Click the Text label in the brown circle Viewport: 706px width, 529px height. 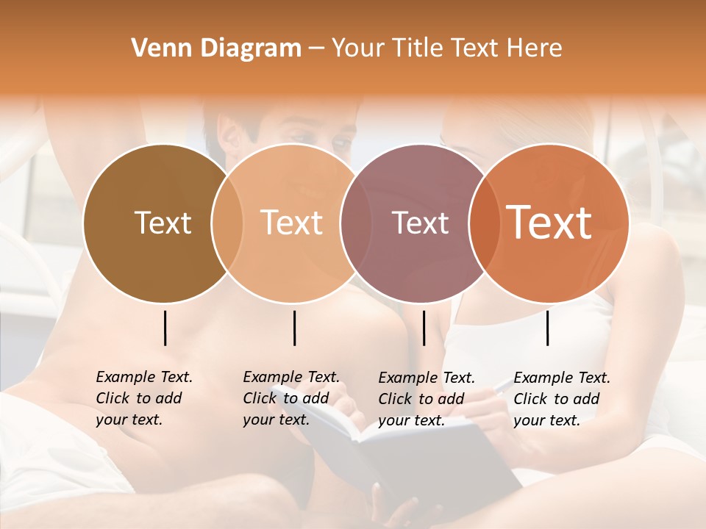[163, 223]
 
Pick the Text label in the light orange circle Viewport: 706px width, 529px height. [292, 223]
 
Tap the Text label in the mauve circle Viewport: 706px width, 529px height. [420, 223]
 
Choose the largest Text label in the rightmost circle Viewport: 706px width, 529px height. [549, 223]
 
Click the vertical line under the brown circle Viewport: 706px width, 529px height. [165, 328]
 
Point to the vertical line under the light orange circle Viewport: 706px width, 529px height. [294, 328]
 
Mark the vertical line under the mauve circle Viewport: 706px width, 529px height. [424, 328]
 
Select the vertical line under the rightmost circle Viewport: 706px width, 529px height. [547, 328]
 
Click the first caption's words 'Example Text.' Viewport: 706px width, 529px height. [144, 377]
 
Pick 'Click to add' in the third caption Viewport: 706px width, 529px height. [421, 398]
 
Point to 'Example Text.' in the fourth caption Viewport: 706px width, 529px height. [562, 378]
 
